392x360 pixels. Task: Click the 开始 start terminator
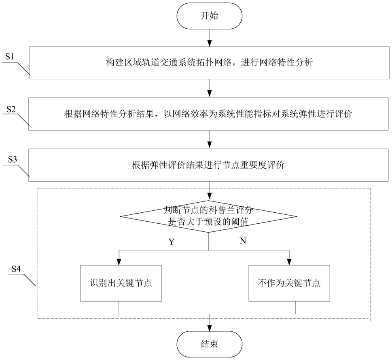pyautogui.click(x=209, y=17)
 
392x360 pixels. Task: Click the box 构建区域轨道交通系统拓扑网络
pyautogui.click(x=210, y=63)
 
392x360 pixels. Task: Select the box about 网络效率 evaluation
pyautogui.click(x=210, y=114)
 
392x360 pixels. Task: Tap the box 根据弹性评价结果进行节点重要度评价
pyautogui.click(x=210, y=165)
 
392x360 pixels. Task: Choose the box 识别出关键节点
pyautogui.click(x=118, y=283)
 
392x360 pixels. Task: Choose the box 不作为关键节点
pyautogui.click(x=288, y=283)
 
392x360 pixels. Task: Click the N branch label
pyautogui.click(x=243, y=241)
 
